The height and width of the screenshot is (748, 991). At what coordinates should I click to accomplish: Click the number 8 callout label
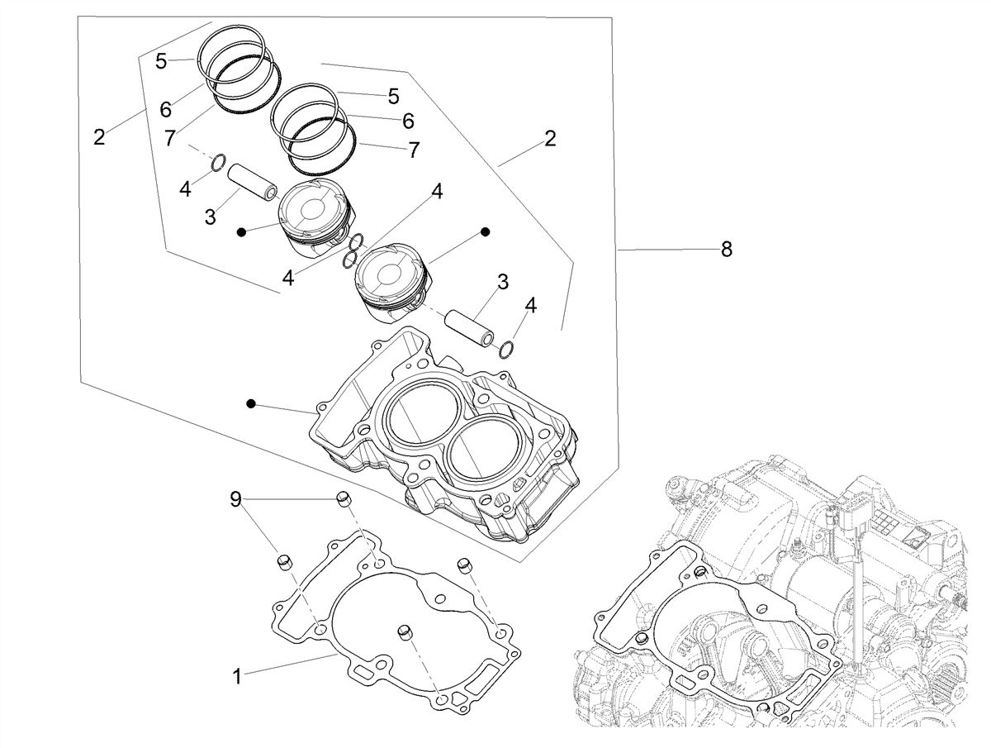click(x=726, y=250)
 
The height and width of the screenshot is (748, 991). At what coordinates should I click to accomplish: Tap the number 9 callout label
click(x=235, y=499)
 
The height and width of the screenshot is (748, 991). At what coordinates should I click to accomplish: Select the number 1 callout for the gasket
click(x=237, y=677)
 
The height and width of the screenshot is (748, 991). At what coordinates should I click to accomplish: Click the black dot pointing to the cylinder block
click(x=251, y=403)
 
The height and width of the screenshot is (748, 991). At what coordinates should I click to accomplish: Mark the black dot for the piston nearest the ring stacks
click(x=242, y=232)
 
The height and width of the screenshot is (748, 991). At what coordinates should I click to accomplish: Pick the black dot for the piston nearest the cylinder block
click(x=486, y=232)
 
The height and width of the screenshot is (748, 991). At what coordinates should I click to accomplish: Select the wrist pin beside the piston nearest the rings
click(x=252, y=182)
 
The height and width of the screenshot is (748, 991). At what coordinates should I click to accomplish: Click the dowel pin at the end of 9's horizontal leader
click(x=344, y=499)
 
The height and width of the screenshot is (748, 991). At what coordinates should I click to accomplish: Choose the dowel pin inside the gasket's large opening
click(x=405, y=632)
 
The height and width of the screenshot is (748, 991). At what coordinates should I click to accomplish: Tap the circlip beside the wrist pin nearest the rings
click(x=219, y=163)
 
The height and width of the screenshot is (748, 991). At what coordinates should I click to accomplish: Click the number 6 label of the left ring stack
click(x=166, y=110)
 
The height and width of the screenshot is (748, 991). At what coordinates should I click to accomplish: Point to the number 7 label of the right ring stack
click(x=414, y=150)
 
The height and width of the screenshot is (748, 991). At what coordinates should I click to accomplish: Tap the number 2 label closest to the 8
click(x=550, y=139)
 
